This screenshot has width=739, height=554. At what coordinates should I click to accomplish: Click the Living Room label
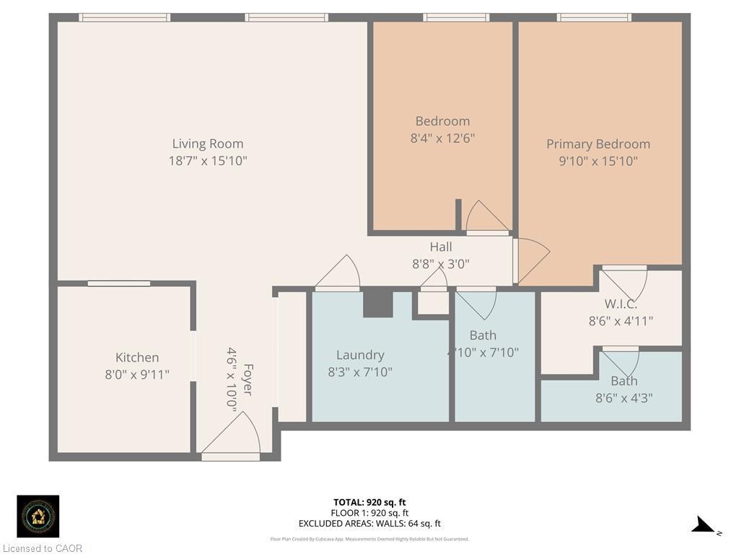point(208,144)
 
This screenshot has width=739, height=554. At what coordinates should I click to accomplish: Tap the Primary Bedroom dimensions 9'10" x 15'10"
point(598,161)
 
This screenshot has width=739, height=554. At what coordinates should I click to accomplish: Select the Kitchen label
point(137,357)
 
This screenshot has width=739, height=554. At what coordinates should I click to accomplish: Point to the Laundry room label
point(360,354)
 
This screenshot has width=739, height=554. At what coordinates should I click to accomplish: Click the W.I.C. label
point(621,304)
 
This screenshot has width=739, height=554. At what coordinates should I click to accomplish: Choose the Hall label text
point(440,247)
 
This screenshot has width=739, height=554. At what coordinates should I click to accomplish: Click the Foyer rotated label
point(247,378)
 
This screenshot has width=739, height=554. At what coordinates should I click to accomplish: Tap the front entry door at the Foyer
point(231,437)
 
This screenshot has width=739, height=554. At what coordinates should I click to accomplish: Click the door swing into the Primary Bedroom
point(532,260)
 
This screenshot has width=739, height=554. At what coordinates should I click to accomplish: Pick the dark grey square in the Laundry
point(377,303)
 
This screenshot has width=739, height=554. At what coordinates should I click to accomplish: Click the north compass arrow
point(704,526)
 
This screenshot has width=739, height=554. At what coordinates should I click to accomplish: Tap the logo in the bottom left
point(38,516)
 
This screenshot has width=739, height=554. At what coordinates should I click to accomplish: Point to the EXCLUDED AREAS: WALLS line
point(369,524)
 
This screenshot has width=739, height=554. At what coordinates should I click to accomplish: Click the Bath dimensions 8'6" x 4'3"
point(624,397)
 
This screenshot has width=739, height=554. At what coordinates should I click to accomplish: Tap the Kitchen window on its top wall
point(119,283)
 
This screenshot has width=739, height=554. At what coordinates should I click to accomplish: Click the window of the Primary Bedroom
point(594,17)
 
